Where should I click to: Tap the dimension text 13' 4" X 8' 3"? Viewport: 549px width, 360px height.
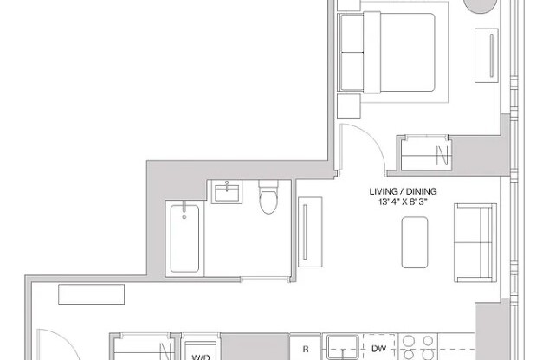404,202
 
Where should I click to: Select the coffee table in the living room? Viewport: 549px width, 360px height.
417,241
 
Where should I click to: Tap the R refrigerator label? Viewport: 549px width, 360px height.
305,350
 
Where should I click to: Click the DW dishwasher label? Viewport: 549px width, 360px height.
378,350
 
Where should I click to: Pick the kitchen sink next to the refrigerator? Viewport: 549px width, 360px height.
341,346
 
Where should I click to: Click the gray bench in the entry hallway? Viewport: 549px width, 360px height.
87,294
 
